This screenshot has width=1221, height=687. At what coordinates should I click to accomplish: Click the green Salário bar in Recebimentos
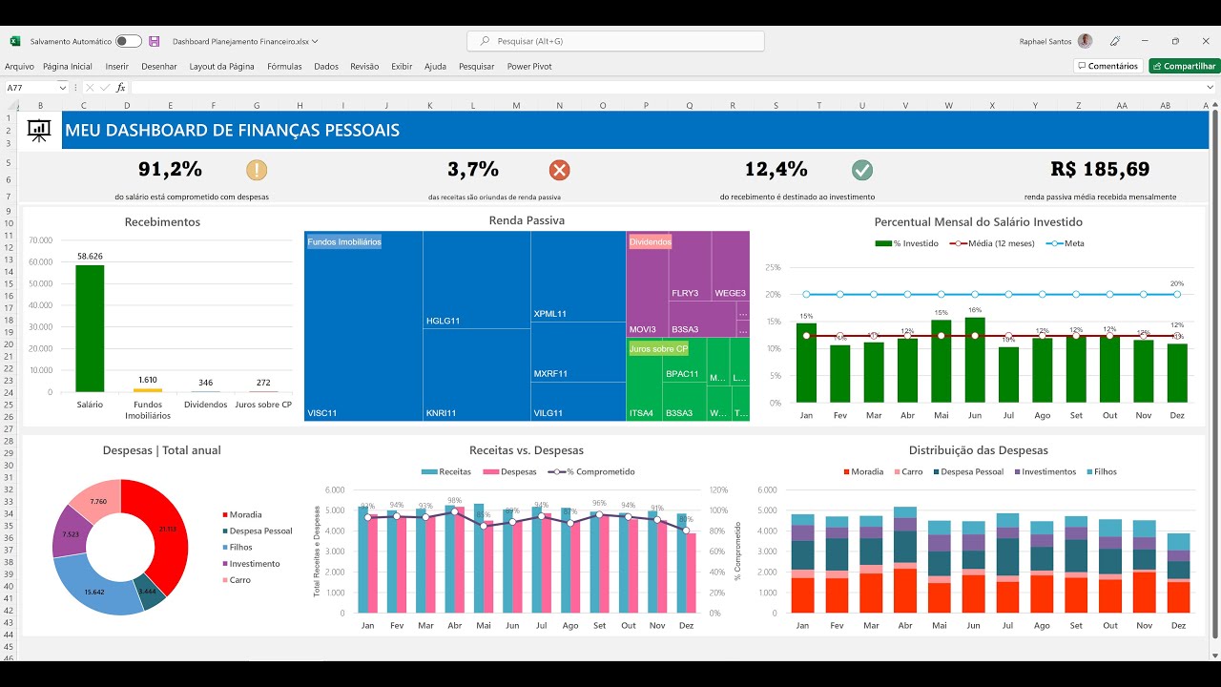tap(90, 328)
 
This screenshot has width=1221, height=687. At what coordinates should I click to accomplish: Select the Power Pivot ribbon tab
tap(529, 67)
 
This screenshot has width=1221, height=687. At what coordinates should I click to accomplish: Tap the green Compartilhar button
tap(1184, 67)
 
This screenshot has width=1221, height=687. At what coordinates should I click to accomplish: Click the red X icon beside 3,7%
tap(559, 170)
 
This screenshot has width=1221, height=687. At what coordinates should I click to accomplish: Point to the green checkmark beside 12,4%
tap(862, 170)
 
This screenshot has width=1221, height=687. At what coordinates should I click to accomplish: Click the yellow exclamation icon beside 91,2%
tap(257, 170)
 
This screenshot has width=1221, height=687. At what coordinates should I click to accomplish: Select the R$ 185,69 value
tap(1100, 170)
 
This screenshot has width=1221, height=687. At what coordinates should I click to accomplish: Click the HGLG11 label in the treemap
tap(443, 321)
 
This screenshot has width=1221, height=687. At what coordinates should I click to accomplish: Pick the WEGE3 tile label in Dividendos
tap(730, 293)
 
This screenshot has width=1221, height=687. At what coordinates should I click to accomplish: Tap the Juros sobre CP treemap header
tap(658, 349)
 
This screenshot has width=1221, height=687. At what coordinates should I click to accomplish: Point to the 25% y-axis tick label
tap(772, 268)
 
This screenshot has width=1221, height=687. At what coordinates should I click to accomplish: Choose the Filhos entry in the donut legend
tap(240, 548)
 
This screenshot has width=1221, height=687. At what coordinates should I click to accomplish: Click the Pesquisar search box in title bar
tap(615, 41)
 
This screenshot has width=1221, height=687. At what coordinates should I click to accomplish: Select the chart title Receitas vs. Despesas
tap(527, 450)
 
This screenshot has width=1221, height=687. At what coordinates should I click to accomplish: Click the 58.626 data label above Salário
tap(90, 257)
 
